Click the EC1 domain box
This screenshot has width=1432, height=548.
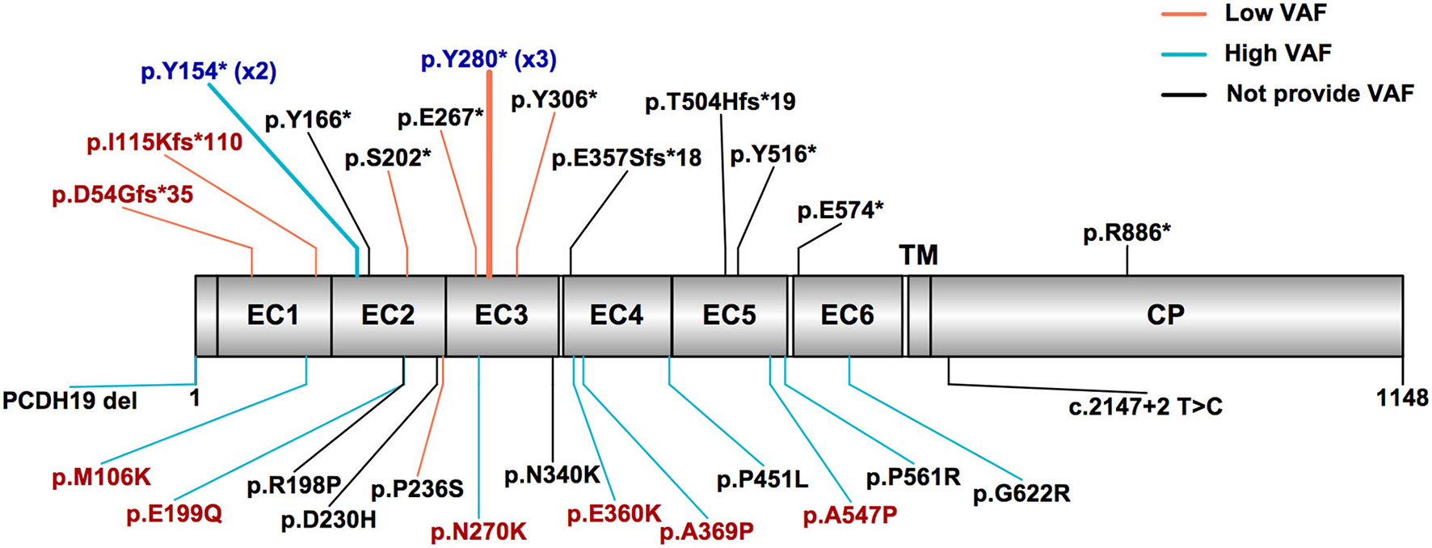273,315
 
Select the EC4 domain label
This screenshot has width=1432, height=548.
616,315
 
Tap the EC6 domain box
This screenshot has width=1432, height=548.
847,315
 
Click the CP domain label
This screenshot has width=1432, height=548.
1165,315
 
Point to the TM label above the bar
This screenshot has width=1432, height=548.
919,255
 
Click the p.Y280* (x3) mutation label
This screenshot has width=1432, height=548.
489,59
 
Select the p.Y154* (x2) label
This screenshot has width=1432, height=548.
208,72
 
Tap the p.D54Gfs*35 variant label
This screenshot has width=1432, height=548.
123,195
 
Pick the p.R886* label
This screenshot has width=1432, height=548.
1127,233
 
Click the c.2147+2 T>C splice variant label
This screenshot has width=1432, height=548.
1145,407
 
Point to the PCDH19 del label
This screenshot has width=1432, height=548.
69,400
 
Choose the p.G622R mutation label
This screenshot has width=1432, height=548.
1021,493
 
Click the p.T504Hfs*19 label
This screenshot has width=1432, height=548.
720,102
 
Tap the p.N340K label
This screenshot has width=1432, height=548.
552,475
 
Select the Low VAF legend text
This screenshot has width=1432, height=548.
1275,13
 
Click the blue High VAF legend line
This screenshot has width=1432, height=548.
1184,54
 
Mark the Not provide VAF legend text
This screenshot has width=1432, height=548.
1320,94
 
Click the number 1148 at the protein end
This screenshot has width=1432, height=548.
1403,397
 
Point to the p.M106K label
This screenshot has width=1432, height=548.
102,477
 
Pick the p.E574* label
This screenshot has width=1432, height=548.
840,211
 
